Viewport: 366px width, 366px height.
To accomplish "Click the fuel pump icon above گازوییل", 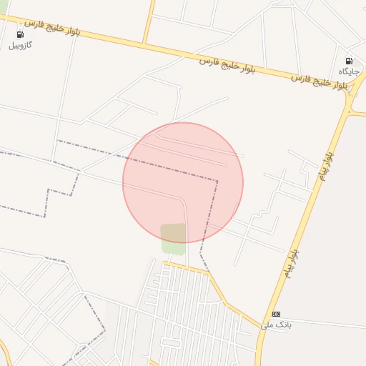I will [19, 34].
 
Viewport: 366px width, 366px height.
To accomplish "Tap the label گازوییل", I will [20, 45].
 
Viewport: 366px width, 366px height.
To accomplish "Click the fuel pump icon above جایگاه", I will [349, 61].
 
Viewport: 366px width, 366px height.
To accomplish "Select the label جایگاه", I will [348, 71].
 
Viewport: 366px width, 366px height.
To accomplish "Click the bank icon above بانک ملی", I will [277, 314].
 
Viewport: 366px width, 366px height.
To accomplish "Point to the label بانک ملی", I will [276, 325].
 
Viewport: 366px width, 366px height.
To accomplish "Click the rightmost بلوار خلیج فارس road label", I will [320, 81].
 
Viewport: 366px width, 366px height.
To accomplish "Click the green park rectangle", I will [173, 238].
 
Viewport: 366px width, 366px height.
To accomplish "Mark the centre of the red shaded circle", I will [183, 183].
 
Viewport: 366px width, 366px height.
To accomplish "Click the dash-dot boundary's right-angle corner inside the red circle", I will [217, 181].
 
